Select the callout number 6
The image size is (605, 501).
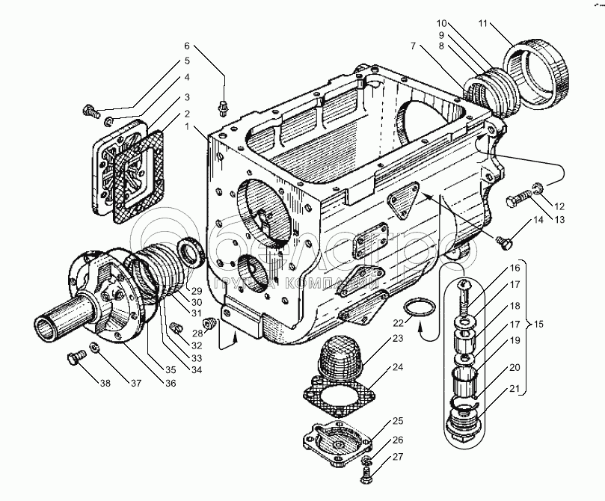pyautogui.click(x=188, y=46)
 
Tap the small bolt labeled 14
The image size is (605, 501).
pyautogui.click(x=505, y=242)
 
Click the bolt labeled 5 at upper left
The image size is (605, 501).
pyautogui.click(x=90, y=112)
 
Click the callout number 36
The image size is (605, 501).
pyautogui.click(x=171, y=384)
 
